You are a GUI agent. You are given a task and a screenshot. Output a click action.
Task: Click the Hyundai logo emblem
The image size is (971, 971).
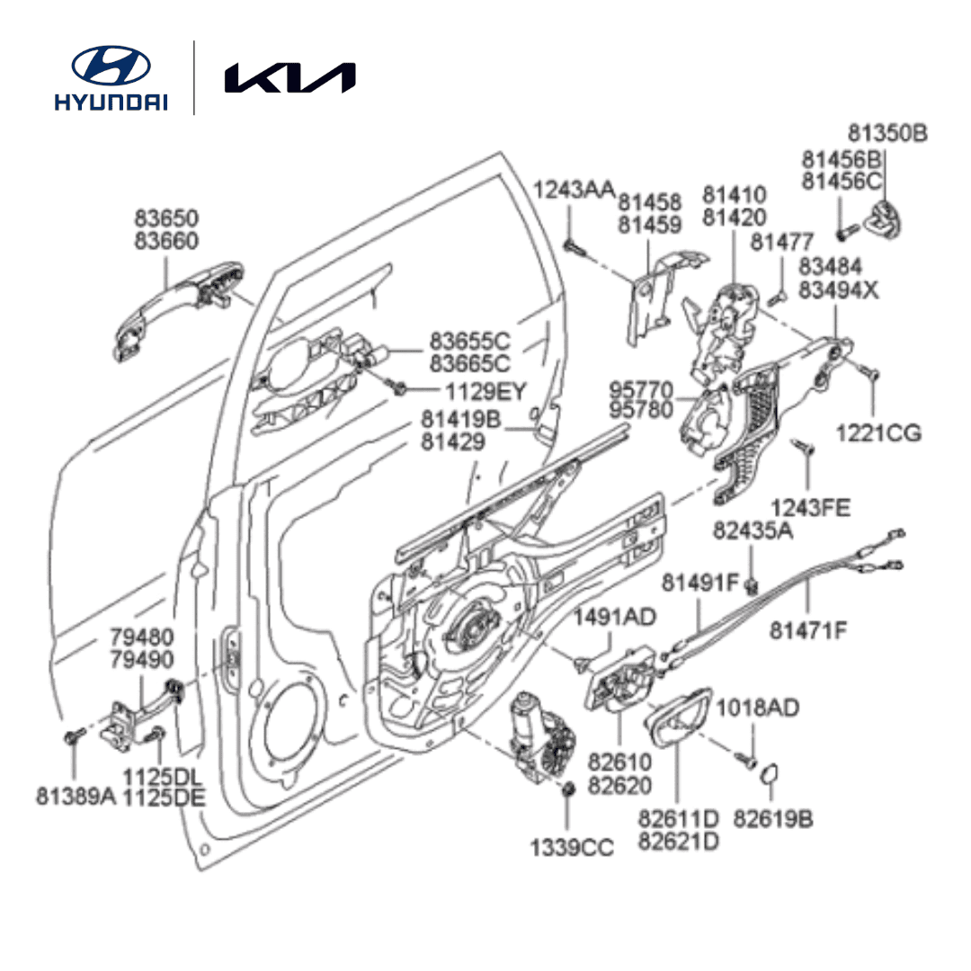111,66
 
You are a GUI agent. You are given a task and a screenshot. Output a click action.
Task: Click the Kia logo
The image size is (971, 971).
290,77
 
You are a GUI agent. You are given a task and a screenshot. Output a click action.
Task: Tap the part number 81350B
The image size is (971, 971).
888,134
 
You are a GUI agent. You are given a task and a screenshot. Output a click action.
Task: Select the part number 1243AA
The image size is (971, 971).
575,190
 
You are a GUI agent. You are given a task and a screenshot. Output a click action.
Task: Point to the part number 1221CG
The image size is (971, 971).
877,432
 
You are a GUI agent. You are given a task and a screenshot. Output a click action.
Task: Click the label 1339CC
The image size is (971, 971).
571,847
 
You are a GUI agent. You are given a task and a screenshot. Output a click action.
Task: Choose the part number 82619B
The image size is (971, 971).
773,819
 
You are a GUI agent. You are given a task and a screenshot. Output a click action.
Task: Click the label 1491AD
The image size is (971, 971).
615,617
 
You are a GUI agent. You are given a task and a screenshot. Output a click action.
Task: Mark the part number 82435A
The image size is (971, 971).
753,530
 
